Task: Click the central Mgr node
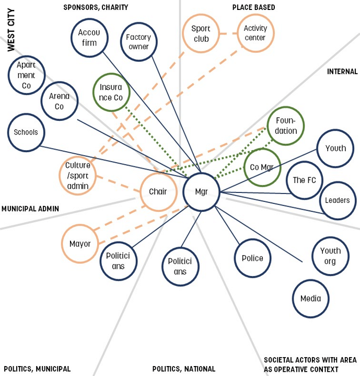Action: point(202,192)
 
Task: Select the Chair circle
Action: point(158,192)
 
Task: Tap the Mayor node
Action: point(80,244)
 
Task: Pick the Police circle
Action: point(252,258)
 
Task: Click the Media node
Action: point(310,299)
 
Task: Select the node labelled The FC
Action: point(304,180)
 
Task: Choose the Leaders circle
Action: point(338,200)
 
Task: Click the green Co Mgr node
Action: point(262,167)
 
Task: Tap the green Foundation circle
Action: point(285,126)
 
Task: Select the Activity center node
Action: point(255,33)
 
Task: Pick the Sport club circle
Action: point(200,33)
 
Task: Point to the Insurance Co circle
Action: point(111,93)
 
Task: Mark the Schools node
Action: point(26,132)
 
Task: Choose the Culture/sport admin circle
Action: point(77,175)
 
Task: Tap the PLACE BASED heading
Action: point(253,7)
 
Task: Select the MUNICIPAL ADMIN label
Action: point(30,209)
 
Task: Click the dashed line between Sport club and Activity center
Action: point(227,33)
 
